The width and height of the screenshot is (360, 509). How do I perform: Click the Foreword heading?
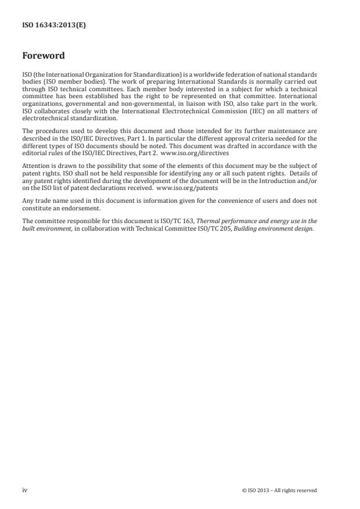click(x=43, y=56)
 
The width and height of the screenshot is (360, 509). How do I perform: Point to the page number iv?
click(x=24, y=490)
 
